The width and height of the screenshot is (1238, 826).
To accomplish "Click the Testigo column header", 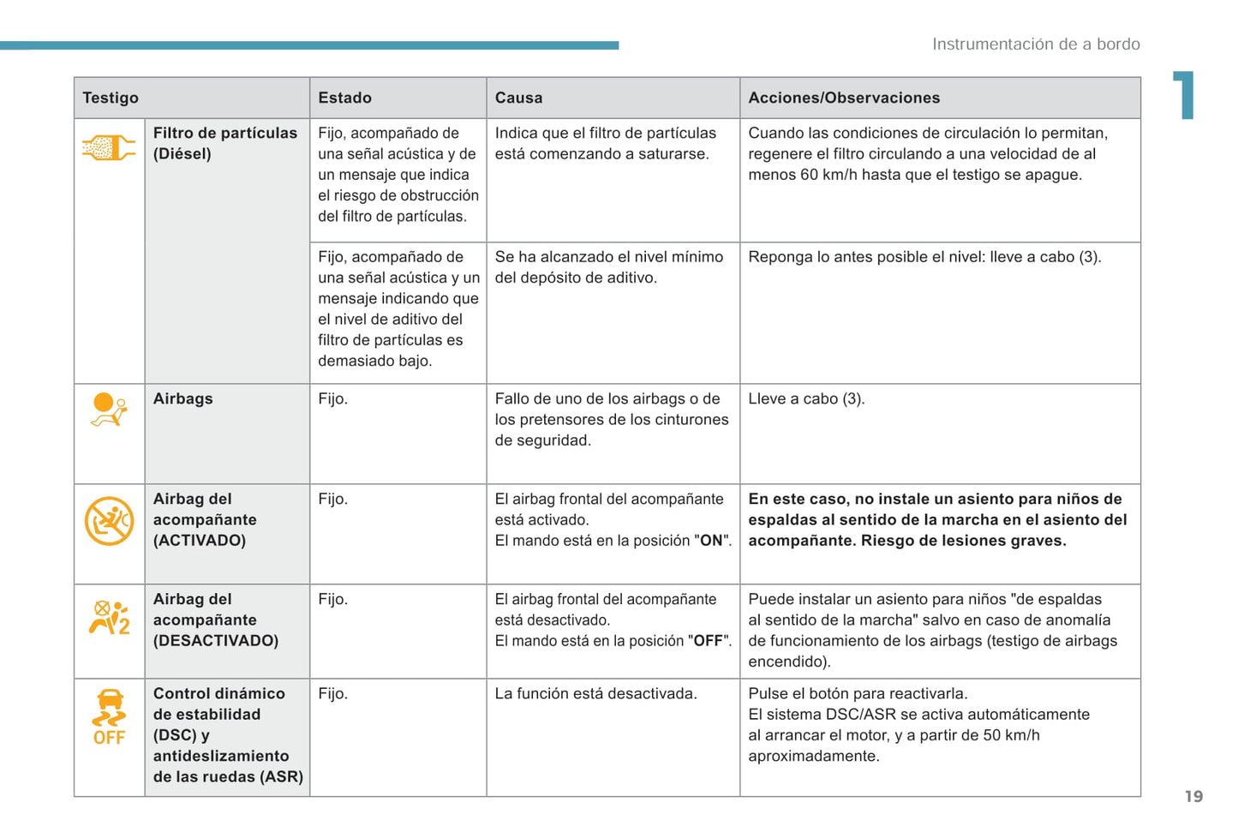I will pyautogui.click(x=111, y=98).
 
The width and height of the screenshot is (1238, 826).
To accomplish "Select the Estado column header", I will pyautogui.click(x=344, y=98).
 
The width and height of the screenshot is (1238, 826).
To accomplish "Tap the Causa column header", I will pyautogui.click(x=518, y=98).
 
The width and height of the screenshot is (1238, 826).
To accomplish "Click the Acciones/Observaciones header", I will pyautogui.click(x=844, y=98).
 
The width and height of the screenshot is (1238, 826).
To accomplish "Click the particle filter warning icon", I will pyautogui.click(x=109, y=148).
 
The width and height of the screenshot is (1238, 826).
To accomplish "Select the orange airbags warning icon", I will pyautogui.click(x=109, y=409).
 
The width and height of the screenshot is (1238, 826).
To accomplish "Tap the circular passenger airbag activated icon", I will pyautogui.click(x=109, y=520).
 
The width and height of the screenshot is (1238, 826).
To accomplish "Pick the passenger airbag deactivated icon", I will pyautogui.click(x=109, y=617).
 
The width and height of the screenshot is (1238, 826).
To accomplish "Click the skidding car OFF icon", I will pyautogui.click(x=109, y=717).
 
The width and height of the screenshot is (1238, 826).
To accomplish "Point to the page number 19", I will pyautogui.click(x=1193, y=797).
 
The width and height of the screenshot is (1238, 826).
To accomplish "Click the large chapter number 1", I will pyautogui.click(x=1184, y=94).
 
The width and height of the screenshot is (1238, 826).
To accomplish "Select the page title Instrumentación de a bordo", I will pyautogui.click(x=1036, y=45).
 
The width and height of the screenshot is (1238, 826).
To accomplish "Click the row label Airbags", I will pyautogui.click(x=183, y=399).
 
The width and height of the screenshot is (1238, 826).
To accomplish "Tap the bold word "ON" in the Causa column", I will pyautogui.click(x=711, y=541).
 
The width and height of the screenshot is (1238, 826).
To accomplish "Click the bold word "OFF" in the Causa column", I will pyautogui.click(x=708, y=641).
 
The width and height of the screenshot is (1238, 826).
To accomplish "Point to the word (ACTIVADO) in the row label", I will pyautogui.click(x=200, y=541).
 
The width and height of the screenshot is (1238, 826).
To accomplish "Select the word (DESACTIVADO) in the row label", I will pyautogui.click(x=216, y=641).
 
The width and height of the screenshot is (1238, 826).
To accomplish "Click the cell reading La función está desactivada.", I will pyautogui.click(x=595, y=694).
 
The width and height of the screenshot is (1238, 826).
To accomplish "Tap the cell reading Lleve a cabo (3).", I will pyautogui.click(x=806, y=399).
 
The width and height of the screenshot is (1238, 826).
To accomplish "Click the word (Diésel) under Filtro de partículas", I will pyautogui.click(x=182, y=154).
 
